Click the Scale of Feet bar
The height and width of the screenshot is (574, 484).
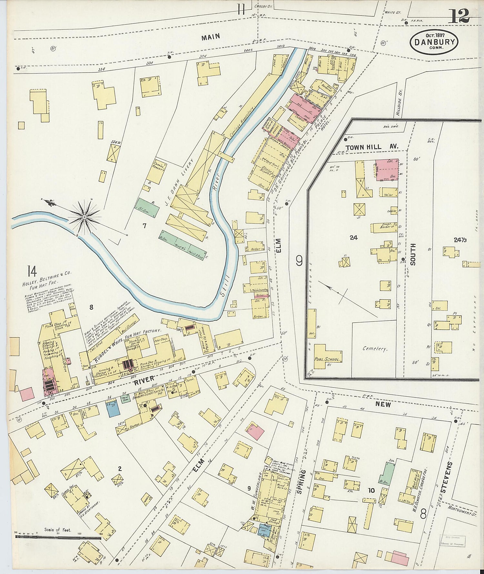58,538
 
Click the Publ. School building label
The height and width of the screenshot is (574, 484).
328,359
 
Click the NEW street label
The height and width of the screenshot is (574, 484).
383,404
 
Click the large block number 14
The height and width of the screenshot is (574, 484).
32,271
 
